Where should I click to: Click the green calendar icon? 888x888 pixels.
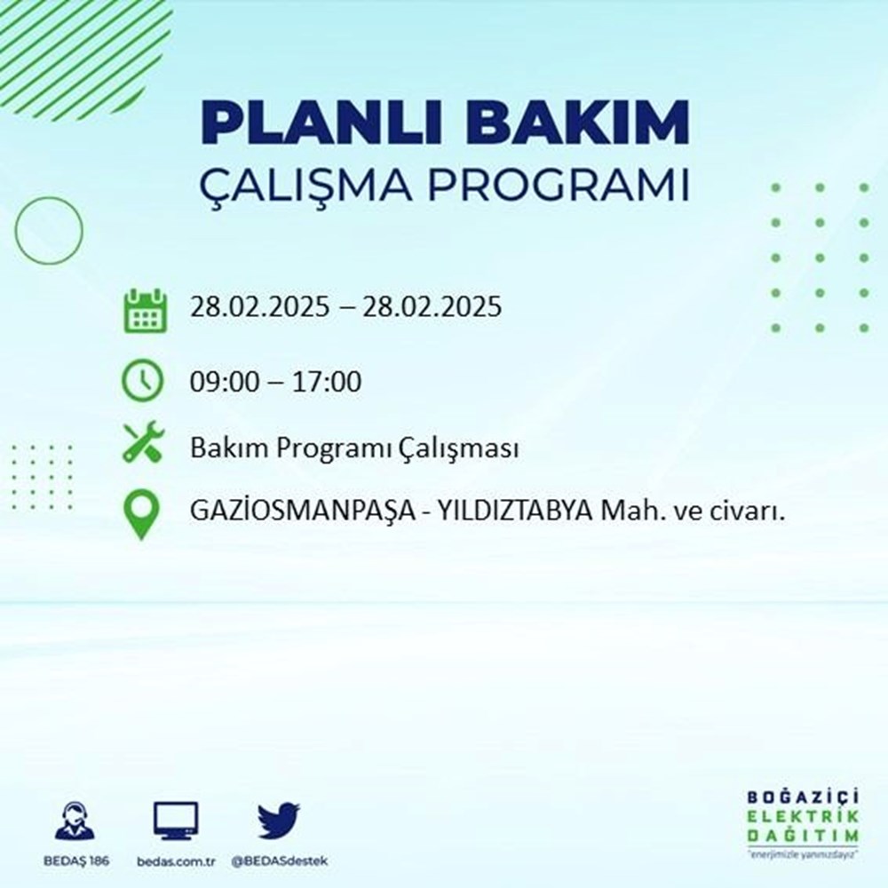[x=143, y=310]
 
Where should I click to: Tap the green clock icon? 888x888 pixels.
[x=143, y=381]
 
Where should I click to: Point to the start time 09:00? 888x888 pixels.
[x=223, y=383]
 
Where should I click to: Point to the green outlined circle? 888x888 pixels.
[x=49, y=230]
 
